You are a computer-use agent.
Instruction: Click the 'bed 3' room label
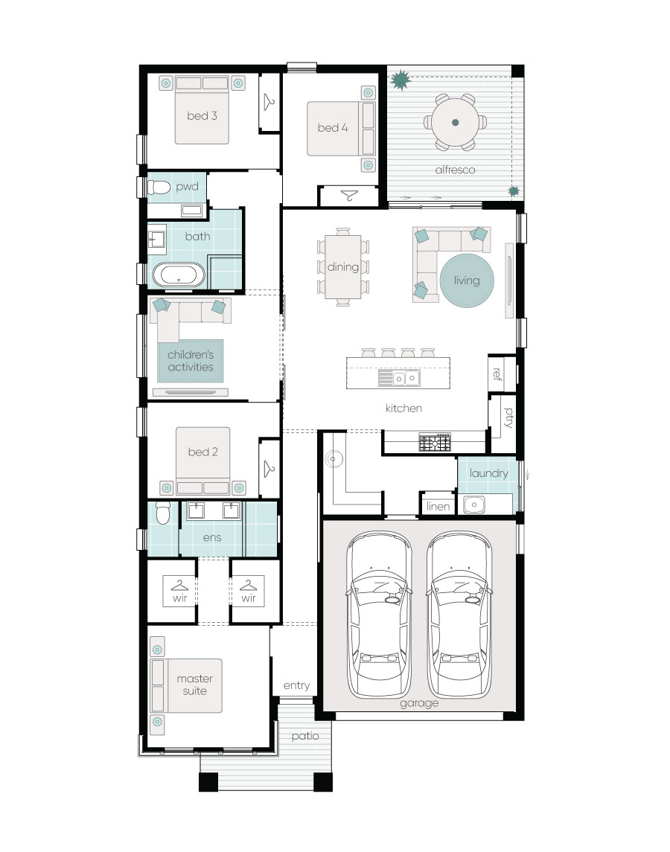tap(202, 116)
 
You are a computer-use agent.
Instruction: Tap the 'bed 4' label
tap(332, 128)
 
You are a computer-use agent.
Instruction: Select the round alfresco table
tap(455, 122)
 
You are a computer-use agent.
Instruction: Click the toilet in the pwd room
tap(159, 188)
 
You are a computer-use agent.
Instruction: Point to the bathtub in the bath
tap(179, 275)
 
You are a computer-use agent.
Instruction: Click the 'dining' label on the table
tap(342, 267)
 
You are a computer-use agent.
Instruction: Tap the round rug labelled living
tap(467, 281)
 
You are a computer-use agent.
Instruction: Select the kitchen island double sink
tap(405, 378)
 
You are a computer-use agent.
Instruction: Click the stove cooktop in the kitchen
tap(435, 442)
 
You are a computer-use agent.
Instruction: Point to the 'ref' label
tap(497, 374)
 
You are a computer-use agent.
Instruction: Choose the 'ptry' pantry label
tap(508, 417)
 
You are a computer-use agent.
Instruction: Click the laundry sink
tap(473, 505)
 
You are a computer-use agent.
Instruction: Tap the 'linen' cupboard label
tap(438, 507)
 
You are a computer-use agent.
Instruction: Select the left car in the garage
tap(379, 615)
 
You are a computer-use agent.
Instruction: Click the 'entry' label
tap(296, 686)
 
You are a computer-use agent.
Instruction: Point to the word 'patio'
tap(305, 736)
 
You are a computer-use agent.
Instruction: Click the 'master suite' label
tap(195, 685)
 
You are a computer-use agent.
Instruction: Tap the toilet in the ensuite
tap(163, 513)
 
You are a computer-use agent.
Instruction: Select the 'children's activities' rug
tap(191, 361)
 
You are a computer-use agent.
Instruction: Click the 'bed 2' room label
tap(202, 452)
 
